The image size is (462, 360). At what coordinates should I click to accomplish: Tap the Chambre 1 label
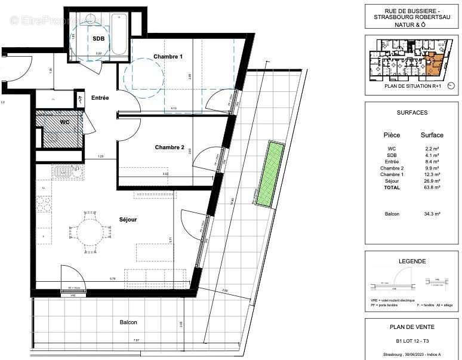[x=168, y=57]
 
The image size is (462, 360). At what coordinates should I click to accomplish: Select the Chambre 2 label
[x=169, y=147]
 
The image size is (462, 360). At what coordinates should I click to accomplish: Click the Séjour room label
[x=127, y=220]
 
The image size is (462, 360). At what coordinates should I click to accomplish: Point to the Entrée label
[x=100, y=98]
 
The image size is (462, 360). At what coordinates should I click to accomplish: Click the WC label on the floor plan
[x=65, y=122]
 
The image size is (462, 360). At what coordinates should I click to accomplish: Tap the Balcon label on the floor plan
[x=128, y=322]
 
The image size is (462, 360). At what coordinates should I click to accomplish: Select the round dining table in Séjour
[x=88, y=229]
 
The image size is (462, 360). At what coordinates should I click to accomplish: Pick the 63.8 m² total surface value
[x=432, y=187]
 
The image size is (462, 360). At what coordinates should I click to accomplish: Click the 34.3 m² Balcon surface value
[x=432, y=214]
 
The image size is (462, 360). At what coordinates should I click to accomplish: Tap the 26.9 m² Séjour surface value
[x=432, y=181]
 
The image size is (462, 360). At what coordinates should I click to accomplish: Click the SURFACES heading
[x=412, y=112]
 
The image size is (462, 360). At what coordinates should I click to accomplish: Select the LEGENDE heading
[x=412, y=261]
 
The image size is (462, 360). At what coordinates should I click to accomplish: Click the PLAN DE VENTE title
[x=412, y=327]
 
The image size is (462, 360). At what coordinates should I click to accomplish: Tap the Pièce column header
[x=392, y=135]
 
